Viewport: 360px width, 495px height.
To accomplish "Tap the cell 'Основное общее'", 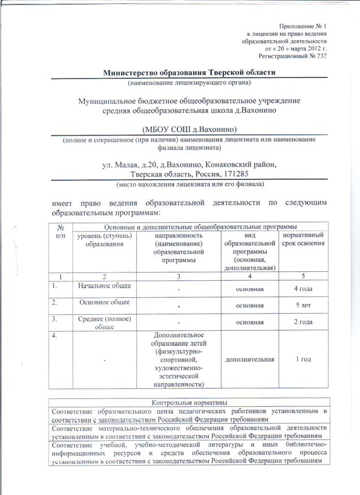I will coord(103,302).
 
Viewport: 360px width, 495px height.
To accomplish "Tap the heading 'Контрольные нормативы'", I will coord(189,402).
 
